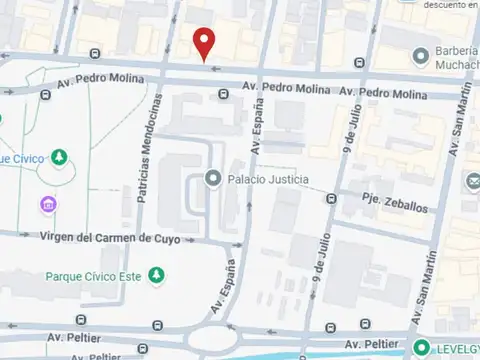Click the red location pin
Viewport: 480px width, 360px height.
(205, 42)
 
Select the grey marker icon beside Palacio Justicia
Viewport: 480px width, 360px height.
(212, 179)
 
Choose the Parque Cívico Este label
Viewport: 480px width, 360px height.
(93, 275)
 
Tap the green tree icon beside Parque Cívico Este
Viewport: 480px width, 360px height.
(156, 275)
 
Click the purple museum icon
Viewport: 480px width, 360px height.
(47, 205)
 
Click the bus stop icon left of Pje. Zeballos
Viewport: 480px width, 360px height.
(330, 199)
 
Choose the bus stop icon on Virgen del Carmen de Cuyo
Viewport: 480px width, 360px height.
(236, 243)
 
